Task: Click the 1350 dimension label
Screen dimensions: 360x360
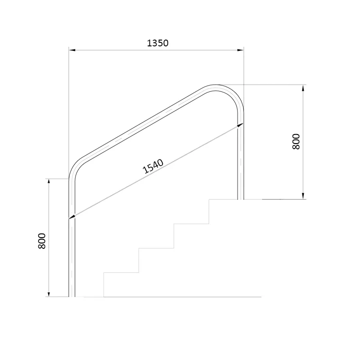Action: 157,43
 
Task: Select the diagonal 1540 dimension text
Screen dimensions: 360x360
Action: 153,166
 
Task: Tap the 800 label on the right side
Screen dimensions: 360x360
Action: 296,142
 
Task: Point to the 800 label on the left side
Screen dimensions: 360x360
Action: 42,241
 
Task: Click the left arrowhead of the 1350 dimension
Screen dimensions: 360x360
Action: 72,50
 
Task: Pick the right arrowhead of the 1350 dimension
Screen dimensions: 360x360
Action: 241,50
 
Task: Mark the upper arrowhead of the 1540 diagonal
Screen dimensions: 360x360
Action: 240,125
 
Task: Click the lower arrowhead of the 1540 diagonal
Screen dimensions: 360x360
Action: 72,217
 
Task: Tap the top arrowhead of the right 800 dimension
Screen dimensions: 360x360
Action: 303,88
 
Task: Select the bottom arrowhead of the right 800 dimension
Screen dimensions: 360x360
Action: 303,196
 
